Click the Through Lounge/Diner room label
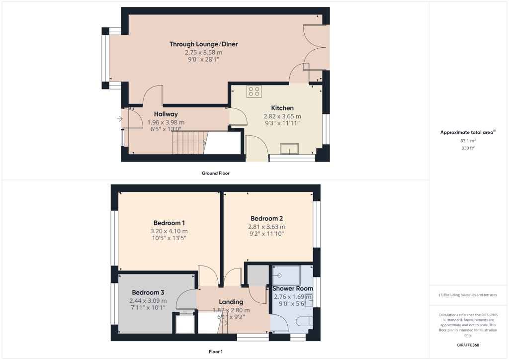(203, 44)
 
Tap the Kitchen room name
(282, 108)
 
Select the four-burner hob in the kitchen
(254, 91)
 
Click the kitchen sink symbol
(290, 149)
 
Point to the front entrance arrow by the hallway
(120, 119)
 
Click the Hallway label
(166, 114)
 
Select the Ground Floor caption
(216, 174)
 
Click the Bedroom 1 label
(169, 223)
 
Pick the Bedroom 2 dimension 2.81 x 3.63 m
(267, 227)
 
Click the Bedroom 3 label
(148, 292)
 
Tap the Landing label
(231, 302)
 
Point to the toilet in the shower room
(305, 321)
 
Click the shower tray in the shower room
(287, 276)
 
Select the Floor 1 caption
(216, 352)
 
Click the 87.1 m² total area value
(468, 141)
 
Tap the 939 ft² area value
(468, 148)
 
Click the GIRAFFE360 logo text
(468, 345)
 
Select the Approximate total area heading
(468, 132)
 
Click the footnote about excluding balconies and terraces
(468, 295)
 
